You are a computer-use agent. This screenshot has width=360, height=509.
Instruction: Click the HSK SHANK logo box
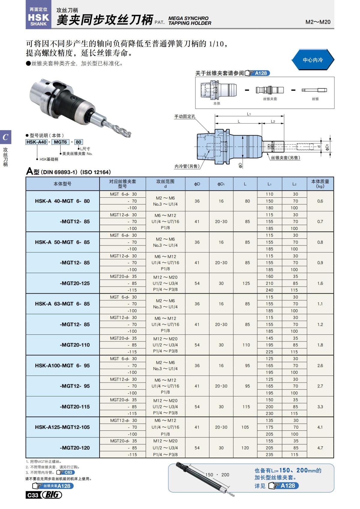tap(38, 17)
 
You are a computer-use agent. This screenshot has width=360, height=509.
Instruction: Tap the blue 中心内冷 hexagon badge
tap(313, 60)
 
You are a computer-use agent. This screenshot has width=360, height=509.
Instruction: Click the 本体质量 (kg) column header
tap(320, 184)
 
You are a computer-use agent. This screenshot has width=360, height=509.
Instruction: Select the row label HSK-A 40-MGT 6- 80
tap(62, 201)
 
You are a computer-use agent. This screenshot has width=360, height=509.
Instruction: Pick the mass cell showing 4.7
tap(320, 448)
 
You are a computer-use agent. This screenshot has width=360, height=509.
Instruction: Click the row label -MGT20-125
tap(75, 283)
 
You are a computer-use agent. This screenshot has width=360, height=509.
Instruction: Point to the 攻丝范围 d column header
tap(165, 184)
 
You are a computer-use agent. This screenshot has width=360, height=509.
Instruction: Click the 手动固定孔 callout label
tap(185, 116)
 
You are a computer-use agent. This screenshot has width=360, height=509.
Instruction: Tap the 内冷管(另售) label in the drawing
tap(187, 166)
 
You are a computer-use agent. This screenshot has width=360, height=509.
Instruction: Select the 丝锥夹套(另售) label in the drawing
tap(285, 158)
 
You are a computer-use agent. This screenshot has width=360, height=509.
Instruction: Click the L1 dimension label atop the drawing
tap(249, 114)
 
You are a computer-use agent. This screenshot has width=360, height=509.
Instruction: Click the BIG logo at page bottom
tap(52, 495)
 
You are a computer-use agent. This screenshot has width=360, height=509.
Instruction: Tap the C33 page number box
tap(33, 495)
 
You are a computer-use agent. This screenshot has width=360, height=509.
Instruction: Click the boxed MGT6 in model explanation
tap(60, 142)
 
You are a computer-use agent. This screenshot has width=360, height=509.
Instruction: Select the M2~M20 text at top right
tap(318, 22)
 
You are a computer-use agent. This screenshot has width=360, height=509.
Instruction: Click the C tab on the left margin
tap(5, 137)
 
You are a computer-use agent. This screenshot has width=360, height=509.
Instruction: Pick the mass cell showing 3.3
tap(320, 407)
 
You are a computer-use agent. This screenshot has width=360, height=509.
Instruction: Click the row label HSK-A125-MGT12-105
tap(62, 427)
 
